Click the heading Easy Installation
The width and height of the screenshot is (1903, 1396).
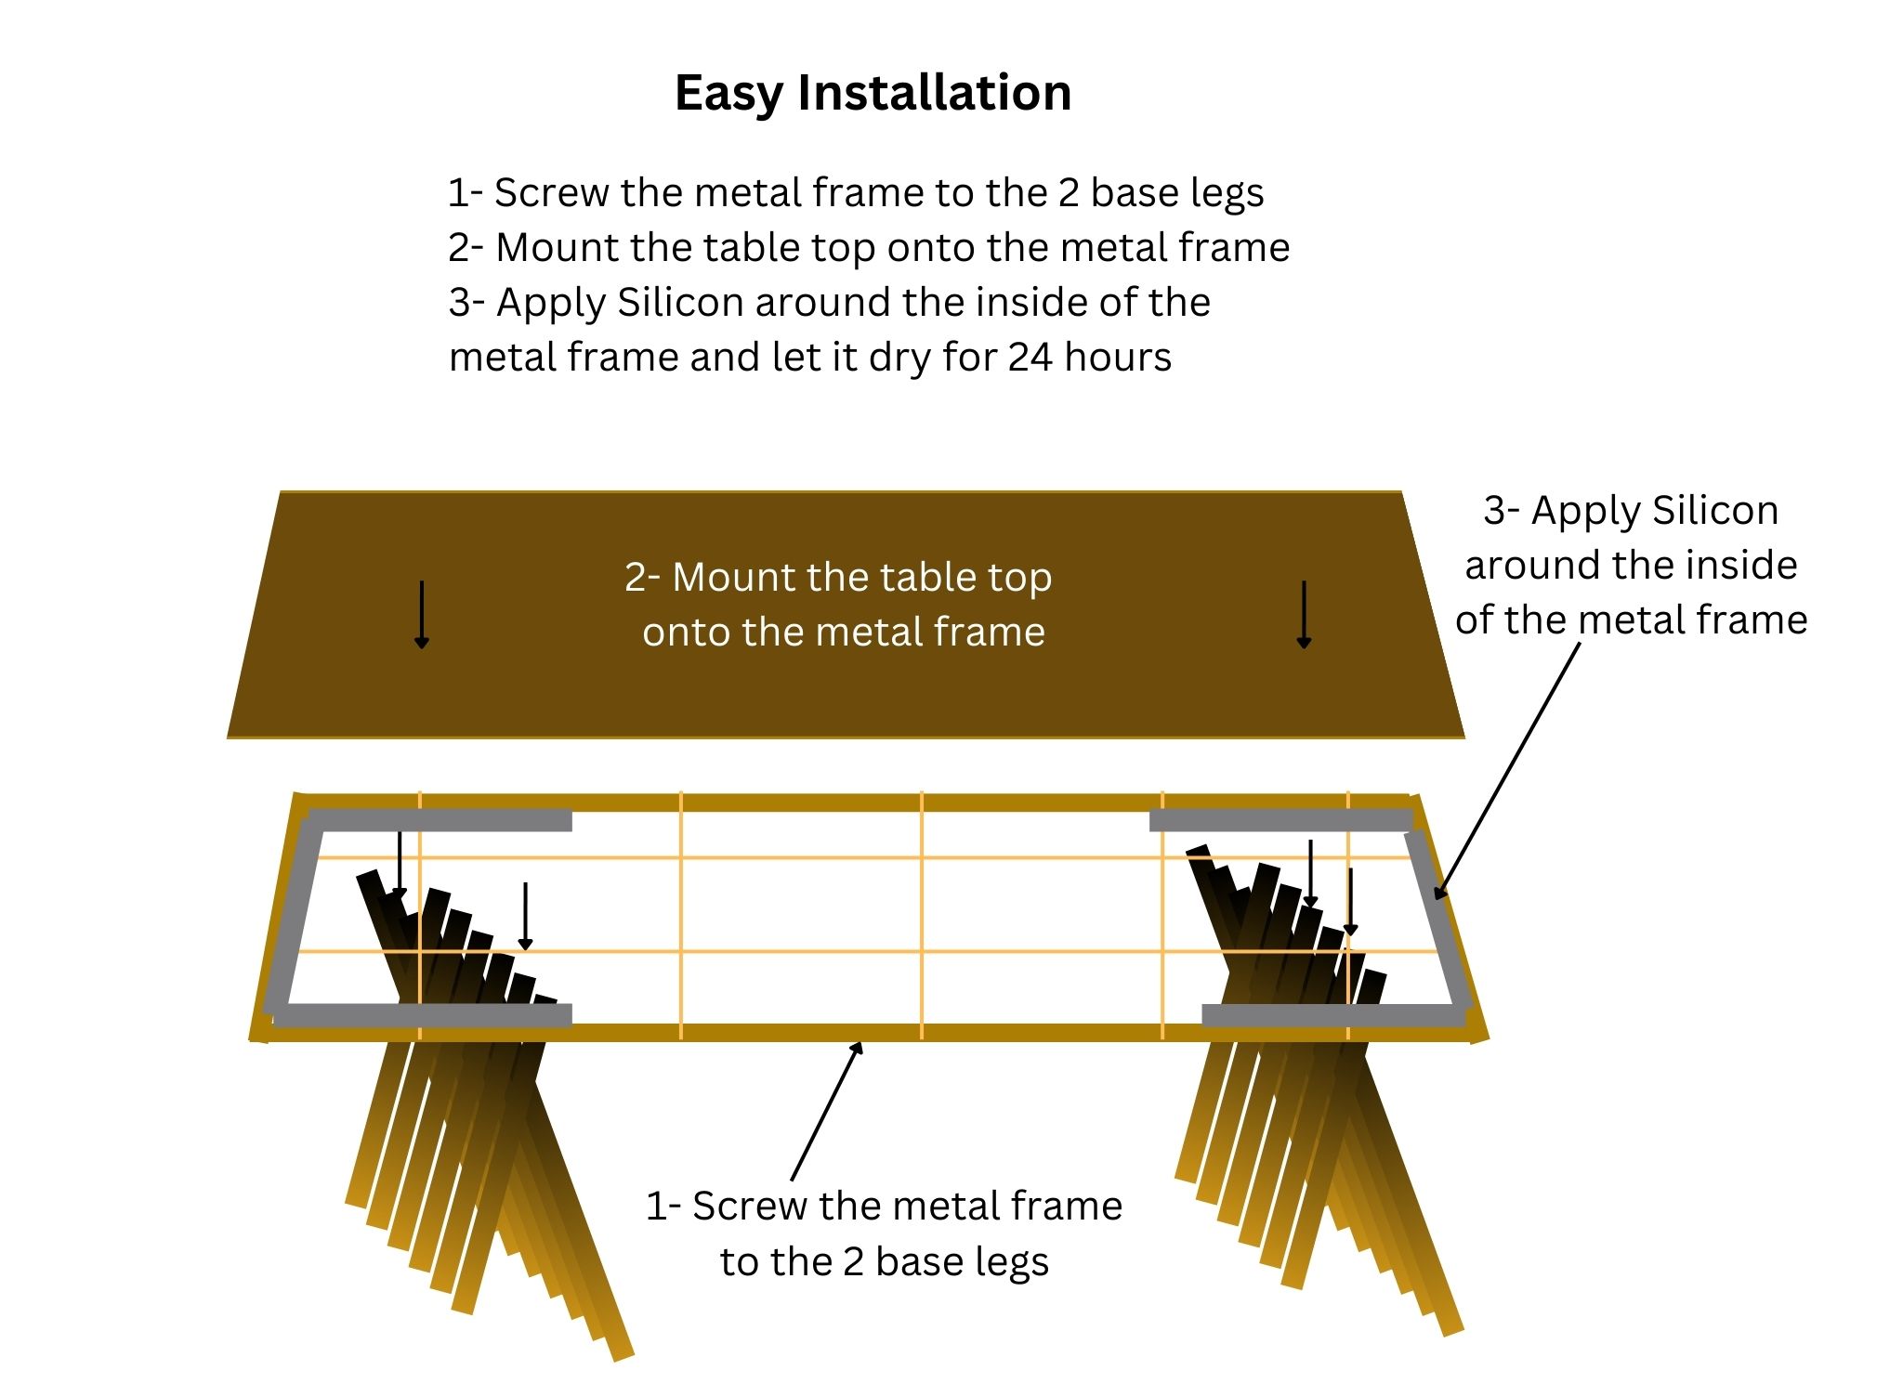click(x=873, y=93)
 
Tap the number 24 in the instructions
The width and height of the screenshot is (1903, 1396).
click(x=1030, y=358)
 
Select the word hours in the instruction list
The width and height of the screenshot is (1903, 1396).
click(x=1118, y=358)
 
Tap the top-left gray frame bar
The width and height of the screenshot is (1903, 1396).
click(x=440, y=820)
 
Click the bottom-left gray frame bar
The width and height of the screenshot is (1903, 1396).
click(x=423, y=1015)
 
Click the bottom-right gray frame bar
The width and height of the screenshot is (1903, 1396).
click(x=1333, y=1015)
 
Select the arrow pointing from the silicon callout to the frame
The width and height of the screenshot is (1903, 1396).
click(x=1507, y=771)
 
